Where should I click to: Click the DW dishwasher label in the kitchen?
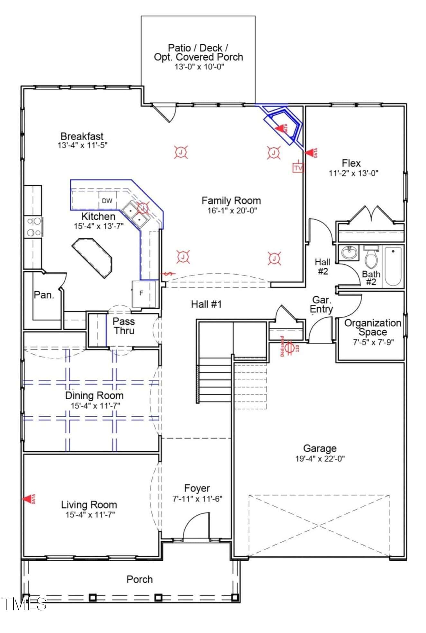pos(107,201)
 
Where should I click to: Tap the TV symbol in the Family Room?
pos(298,167)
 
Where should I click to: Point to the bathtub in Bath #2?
pos(393,266)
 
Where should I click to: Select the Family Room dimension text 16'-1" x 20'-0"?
pos(231,211)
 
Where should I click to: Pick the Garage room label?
pos(320,448)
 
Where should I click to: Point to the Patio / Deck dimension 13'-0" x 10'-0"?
pos(199,67)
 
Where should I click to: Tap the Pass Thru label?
pos(124,326)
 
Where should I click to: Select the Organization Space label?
pos(373,327)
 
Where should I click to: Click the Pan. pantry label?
pos(44,295)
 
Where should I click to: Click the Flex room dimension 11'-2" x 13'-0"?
pos(353,173)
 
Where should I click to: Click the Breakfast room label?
pos(82,136)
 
